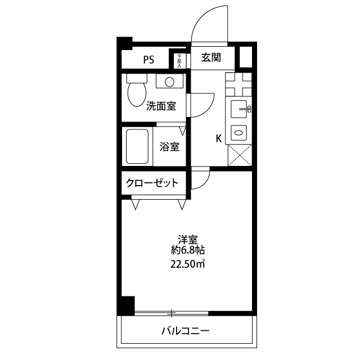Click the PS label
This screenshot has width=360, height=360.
click(x=148, y=60)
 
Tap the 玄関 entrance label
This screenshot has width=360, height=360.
click(x=211, y=57)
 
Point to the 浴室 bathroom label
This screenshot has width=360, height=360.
click(x=169, y=147)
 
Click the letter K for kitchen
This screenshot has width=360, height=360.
click(x=219, y=138)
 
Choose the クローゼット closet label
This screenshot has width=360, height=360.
click(x=152, y=182)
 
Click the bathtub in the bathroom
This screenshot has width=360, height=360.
click(x=137, y=147)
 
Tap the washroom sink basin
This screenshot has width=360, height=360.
click(x=168, y=82)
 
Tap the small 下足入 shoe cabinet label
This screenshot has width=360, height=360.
click(x=179, y=60)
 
